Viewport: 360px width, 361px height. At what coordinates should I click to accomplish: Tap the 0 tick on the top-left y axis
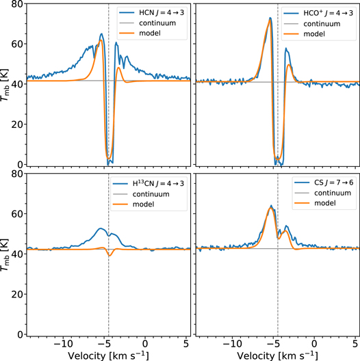[21, 165]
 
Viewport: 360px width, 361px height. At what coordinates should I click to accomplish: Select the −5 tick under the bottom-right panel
[273, 343]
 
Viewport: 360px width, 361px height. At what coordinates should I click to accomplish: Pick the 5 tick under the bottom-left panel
[186, 343]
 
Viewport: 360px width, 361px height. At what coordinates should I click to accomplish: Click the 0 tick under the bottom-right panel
[314, 343]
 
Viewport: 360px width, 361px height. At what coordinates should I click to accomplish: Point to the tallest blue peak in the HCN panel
[102, 34]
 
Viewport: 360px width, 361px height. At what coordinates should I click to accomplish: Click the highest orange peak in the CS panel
[272, 209]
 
